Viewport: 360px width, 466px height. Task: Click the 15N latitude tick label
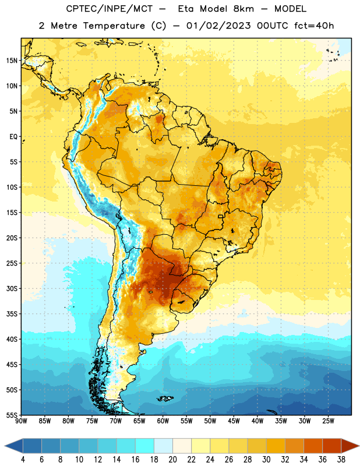pyautogui.click(x=12, y=61)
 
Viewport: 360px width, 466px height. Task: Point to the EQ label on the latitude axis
pyautogui.click(x=13, y=137)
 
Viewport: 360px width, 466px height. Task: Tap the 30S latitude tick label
pyautogui.click(x=12, y=288)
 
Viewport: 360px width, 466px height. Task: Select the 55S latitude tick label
pyautogui.click(x=12, y=415)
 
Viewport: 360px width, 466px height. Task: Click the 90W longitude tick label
pyautogui.click(x=21, y=421)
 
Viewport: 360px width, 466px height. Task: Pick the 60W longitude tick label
pyautogui.click(x=163, y=421)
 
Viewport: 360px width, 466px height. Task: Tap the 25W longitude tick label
pyautogui.click(x=328, y=421)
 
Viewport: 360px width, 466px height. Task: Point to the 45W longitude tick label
pyautogui.click(x=234, y=421)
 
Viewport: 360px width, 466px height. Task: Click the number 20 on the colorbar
pyautogui.click(x=172, y=460)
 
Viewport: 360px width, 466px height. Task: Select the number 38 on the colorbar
pyautogui.click(x=341, y=460)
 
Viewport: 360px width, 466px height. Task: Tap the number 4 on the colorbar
pyautogui.click(x=23, y=460)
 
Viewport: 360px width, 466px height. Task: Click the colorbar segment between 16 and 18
pyautogui.click(x=144, y=446)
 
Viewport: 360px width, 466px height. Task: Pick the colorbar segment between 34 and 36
pyautogui.click(x=313, y=446)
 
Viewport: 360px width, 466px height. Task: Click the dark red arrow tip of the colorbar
pyautogui.click(x=350, y=446)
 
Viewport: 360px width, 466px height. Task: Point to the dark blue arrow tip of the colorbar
pyautogui.click(x=13, y=446)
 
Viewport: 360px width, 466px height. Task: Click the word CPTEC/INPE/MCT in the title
pyautogui.click(x=109, y=9)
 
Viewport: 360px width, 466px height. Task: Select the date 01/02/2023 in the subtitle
pyautogui.click(x=218, y=26)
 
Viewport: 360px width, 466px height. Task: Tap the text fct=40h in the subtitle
pyautogui.click(x=314, y=26)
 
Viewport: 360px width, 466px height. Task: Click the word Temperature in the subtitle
pyautogui.click(x=114, y=26)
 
